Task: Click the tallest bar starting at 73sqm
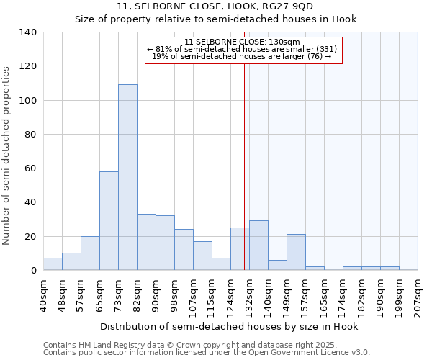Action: coord(127,177)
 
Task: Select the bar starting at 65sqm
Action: coord(109,220)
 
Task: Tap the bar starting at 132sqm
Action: coord(258,246)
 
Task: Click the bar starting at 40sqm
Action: coord(53,264)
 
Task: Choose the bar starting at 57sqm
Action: coord(90,253)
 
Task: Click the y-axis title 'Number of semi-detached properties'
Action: coord(6,155)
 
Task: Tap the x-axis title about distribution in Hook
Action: coord(229,326)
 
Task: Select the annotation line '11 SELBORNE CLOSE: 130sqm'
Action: coord(243,42)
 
